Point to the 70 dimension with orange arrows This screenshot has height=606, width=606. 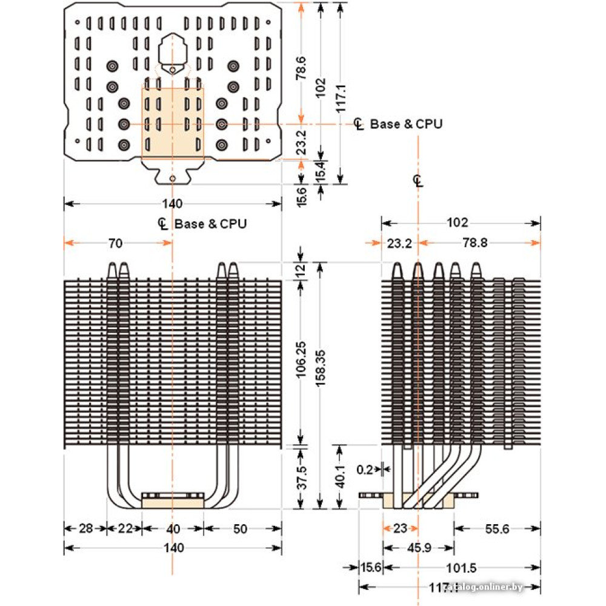(x=115, y=244)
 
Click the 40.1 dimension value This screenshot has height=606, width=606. (x=340, y=477)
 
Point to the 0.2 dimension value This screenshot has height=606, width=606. (x=365, y=468)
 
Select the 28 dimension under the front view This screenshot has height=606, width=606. (x=85, y=528)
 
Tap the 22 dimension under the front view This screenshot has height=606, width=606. (x=124, y=528)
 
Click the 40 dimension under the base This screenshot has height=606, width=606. (x=173, y=528)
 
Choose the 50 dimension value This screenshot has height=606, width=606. (x=240, y=528)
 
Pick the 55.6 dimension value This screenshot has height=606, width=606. (x=496, y=528)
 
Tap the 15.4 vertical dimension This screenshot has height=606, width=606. (x=321, y=171)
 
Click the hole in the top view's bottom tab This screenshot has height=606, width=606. (x=173, y=179)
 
